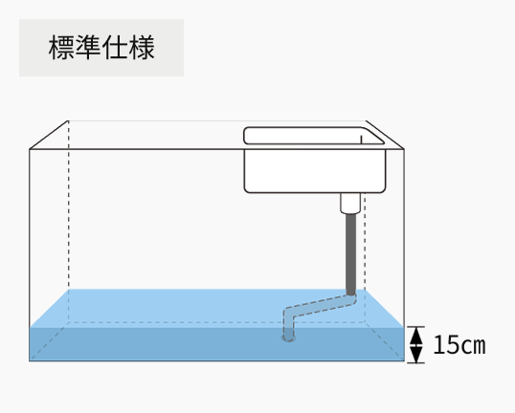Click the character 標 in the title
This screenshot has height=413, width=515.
62,48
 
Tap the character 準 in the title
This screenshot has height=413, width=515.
88,48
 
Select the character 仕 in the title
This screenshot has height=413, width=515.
115,48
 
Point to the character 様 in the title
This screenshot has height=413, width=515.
142,48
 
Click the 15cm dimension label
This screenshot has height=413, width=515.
459,345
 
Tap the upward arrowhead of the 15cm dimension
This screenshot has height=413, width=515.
416,336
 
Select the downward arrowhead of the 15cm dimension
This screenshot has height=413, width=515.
416,355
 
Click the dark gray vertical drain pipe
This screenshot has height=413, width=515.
350,254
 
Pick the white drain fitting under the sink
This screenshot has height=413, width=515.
350,203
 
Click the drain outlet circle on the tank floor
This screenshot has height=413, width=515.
289,337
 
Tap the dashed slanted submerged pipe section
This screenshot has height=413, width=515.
321,306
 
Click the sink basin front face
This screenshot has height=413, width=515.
315,171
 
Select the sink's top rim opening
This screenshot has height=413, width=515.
314,136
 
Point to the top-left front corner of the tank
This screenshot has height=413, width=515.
30,149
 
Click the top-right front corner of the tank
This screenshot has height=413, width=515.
404,149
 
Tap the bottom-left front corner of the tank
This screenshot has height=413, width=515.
30,360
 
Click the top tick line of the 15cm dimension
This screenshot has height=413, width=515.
416,327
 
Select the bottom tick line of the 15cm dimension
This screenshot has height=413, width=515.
416,363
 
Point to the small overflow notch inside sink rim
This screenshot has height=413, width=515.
361,140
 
